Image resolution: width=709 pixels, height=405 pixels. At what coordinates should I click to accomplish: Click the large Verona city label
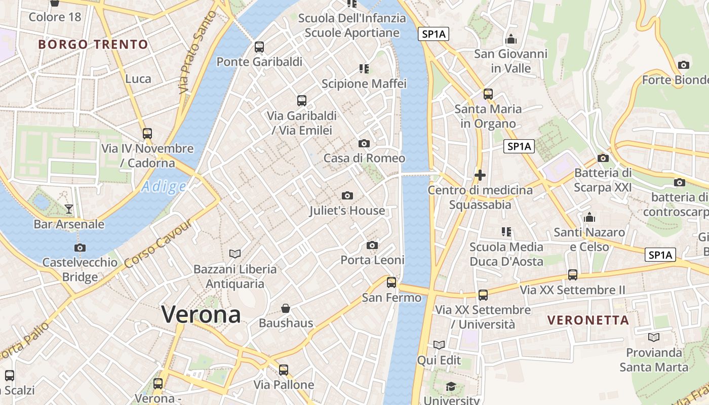click(201, 314)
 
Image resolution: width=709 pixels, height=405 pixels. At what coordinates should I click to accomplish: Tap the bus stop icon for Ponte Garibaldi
click(259, 47)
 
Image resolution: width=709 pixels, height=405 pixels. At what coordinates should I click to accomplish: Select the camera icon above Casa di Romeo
click(364, 143)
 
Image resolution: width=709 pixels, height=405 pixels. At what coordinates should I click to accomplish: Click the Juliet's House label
click(347, 211)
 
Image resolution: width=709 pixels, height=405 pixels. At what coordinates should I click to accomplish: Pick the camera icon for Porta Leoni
click(372, 246)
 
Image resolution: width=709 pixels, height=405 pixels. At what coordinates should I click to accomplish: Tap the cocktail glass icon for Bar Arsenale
click(69, 209)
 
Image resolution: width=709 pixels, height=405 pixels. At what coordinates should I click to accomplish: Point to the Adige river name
click(164, 187)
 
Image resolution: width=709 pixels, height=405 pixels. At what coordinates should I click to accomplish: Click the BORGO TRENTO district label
click(93, 45)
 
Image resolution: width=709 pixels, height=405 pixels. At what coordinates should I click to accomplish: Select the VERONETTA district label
click(588, 320)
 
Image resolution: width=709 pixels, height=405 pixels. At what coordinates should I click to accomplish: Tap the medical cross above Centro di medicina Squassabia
click(480, 176)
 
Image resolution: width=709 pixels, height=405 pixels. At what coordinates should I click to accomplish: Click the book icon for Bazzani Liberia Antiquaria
click(235, 254)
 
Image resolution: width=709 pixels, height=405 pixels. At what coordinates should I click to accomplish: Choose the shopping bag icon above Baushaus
click(286, 308)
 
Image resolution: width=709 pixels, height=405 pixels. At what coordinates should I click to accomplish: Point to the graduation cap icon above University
click(451, 387)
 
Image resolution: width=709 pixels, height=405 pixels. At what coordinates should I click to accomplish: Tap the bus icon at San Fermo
click(391, 282)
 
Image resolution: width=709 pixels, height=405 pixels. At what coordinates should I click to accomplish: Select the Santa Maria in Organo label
click(488, 116)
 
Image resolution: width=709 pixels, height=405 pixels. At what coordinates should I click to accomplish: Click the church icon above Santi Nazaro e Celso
click(589, 217)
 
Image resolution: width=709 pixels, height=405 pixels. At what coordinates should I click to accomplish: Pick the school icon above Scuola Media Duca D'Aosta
click(506, 232)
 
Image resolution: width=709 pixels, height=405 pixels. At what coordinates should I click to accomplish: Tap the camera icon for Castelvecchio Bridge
click(80, 248)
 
